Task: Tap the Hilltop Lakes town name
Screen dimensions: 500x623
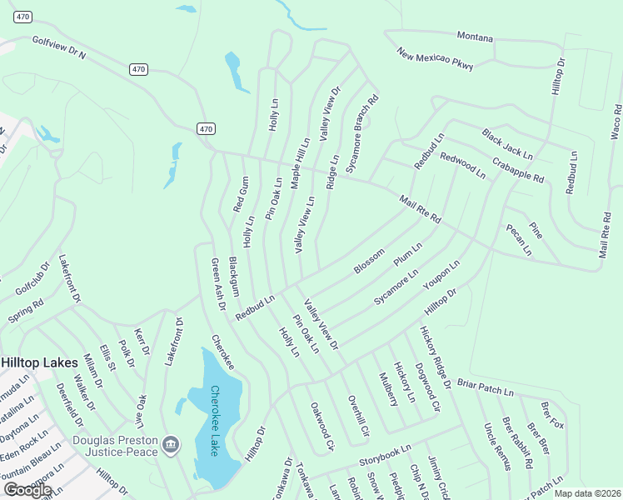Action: [39, 363]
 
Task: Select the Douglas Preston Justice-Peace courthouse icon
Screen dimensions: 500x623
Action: [171, 442]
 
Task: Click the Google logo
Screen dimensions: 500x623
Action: [27, 489]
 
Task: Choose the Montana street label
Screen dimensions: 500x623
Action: [475, 38]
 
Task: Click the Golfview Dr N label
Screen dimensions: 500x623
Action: [59, 47]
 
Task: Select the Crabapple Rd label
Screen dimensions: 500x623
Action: [516, 170]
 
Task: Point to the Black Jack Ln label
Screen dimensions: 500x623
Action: [506, 144]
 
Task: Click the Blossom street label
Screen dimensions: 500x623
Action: [369, 260]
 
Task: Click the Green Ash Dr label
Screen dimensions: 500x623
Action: [218, 283]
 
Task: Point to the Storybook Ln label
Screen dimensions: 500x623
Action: [386, 455]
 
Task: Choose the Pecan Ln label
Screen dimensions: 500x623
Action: [518, 239]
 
